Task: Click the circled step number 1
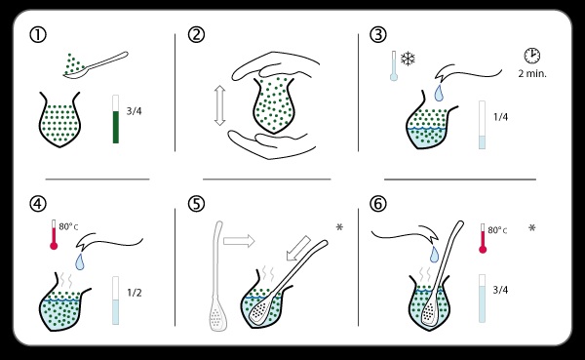pos(38,35)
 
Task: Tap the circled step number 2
pos(196,35)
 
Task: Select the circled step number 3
pos(378,35)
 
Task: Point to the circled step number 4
pos(38,204)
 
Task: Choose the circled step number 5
pos(196,204)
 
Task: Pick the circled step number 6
pos(378,204)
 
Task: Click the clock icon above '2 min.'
pos(532,56)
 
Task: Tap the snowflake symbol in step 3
pos(408,59)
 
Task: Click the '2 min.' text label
pos(532,73)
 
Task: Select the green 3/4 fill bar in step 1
pos(116,127)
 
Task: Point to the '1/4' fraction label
pos(500,117)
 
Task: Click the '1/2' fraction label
pos(135,293)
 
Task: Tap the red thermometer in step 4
pos(54,234)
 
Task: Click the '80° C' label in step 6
pos(497,230)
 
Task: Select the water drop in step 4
pos(80,261)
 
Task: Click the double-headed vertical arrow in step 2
pos(220,105)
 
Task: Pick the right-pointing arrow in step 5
pos(239,241)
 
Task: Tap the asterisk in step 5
pos(339,226)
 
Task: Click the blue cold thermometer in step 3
pos(394,65)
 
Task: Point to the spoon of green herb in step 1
pos(96,65)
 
